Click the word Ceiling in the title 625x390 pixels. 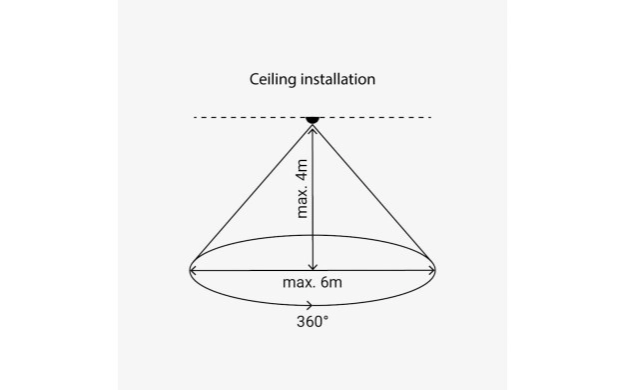[273, 79]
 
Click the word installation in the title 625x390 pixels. [338, 79]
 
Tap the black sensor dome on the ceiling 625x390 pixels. [312, 120]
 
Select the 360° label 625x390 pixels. [312, 321]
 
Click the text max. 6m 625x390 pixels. [312, 283]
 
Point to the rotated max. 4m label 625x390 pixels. [303, 188]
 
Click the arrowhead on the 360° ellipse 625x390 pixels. [310, 305]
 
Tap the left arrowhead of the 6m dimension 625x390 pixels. [193, 271]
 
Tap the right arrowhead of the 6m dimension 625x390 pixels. [431, 271]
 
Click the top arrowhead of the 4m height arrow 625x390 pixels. [312, 129]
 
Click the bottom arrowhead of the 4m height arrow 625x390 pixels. [312, 267]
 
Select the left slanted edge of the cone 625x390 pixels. [255, 192]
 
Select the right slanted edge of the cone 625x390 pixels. [370, 192]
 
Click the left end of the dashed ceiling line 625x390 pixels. [195, 117]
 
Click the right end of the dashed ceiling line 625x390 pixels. [430, 117]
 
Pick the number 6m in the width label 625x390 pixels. [331, 283]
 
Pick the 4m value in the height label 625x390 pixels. [303, 170]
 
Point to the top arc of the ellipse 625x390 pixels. [312, 235]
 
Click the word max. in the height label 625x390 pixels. [303, 202]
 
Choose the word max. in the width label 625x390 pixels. [300, 283]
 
